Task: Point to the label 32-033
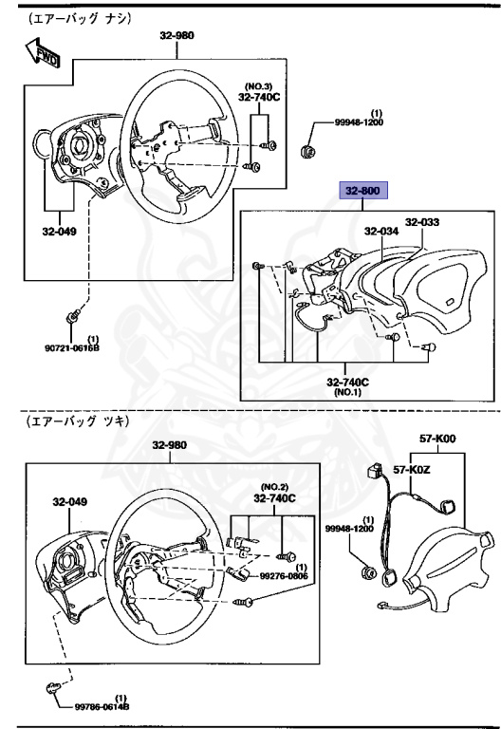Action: (x=422, y=223)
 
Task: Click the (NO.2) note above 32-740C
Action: (x=274, y=486)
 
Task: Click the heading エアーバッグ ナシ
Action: (x=67, y=17)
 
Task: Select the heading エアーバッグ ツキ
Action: (x=67, y=420)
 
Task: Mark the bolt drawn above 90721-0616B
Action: (x=75, y=314)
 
